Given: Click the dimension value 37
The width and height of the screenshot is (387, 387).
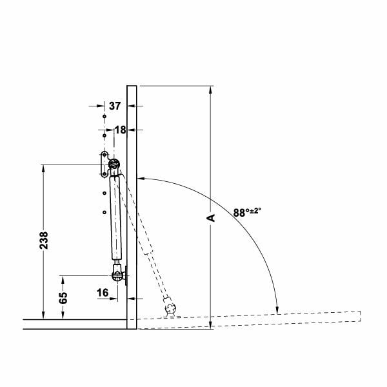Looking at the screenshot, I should tap(115, 105).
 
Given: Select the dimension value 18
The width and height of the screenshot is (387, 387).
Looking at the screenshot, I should tap(120, 130).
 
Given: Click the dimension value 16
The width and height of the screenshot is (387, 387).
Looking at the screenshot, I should tap(103, 293).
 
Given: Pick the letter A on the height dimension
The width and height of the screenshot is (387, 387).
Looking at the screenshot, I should tap(210, 218).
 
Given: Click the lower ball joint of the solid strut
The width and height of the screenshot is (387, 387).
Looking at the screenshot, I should tap(117, 276).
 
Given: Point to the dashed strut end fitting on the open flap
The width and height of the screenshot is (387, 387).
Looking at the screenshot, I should tap(171, 306).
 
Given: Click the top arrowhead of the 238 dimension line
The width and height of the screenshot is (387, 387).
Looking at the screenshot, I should tap(43, 168).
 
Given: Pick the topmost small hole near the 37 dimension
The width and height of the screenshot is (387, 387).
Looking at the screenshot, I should tap(103, 115).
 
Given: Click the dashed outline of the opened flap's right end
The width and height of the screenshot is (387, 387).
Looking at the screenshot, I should tap(359, 316).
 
